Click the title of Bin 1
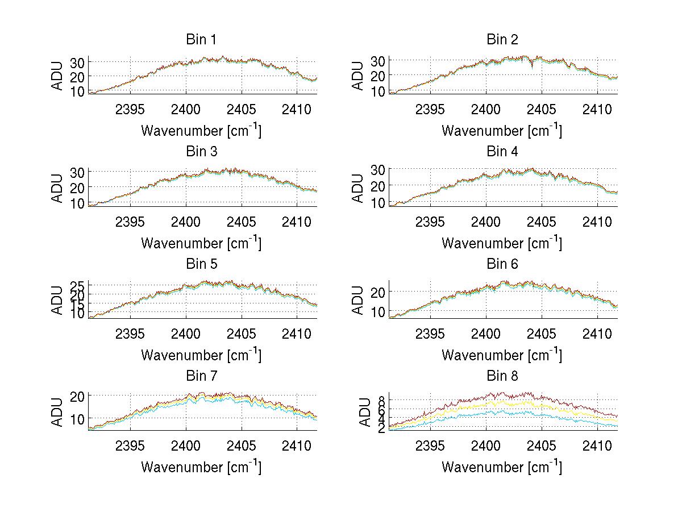[201, 39]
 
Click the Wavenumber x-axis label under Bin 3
[201, 243]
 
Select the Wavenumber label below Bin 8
[502, 467]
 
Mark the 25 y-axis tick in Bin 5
[77, 285]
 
